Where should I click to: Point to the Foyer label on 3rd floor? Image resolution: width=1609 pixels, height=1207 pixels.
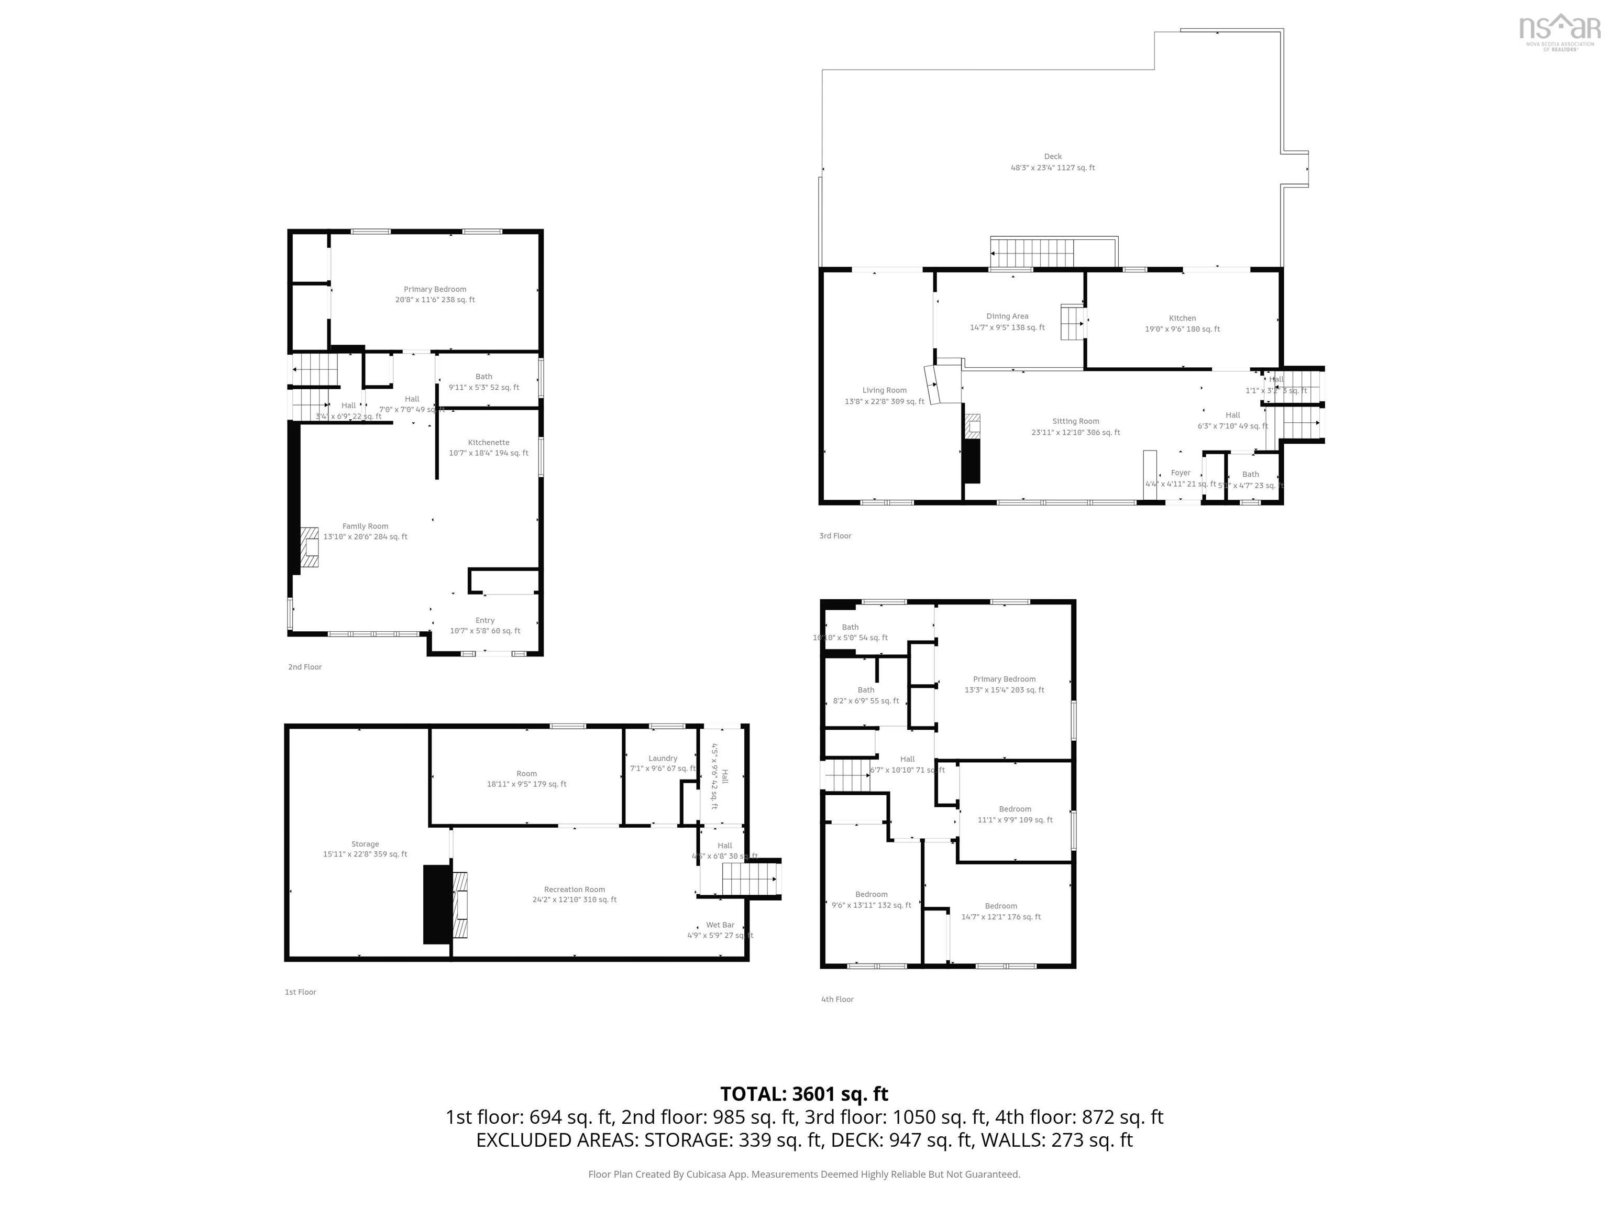(x=1180, y=474)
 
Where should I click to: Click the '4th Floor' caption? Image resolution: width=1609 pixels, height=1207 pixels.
(x=836, y=1000)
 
